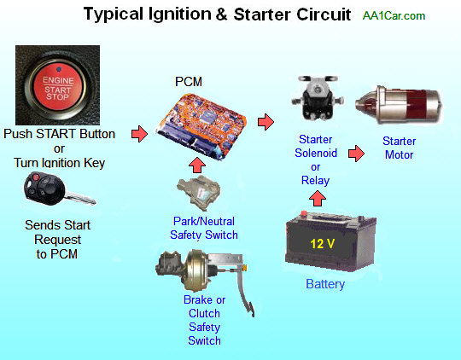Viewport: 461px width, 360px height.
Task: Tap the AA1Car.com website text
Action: [x=394, y=16]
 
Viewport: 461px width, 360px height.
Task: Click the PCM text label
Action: [x=189, y=82]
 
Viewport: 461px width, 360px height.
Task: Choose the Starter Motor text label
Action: [x=399, y=148]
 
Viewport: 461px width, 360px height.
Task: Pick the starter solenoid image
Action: [x=318, y=100]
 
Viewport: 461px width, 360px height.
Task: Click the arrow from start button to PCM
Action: [x=138, y=134]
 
